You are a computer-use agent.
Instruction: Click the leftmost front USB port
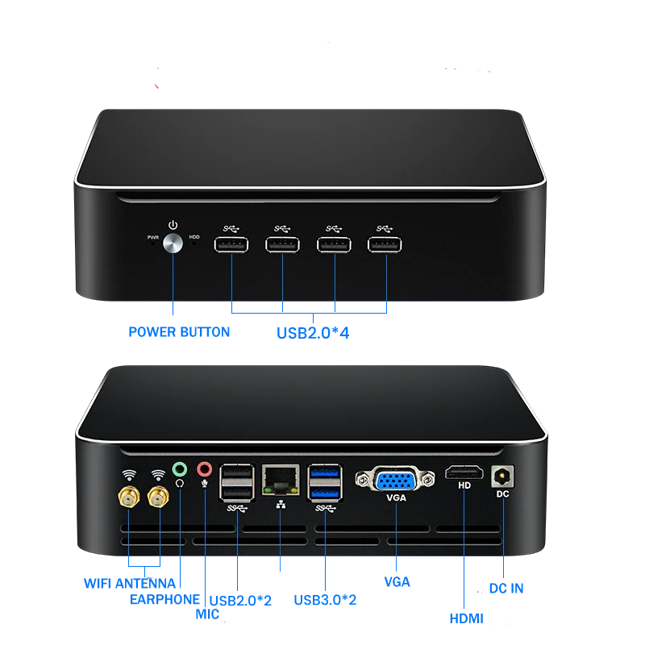[231, 244]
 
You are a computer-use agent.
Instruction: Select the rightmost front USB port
[385, 244]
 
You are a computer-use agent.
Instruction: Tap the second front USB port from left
[283, 244]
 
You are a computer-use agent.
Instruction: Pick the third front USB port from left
[335, 244]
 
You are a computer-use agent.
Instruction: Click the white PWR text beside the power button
[153, 238]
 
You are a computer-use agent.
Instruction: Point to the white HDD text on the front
[194, 238]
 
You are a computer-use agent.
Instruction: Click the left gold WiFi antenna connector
[128, 499]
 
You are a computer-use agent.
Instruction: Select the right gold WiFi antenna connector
[158, 499]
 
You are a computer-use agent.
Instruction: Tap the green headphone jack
[179, 468]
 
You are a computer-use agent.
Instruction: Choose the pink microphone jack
[205, 468]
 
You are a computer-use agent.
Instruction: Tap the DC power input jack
[502, 476]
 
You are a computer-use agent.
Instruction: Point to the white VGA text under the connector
[397, 498]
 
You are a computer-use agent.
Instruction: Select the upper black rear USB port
[238, 474]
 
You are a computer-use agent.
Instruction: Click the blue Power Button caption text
[179, 331]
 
